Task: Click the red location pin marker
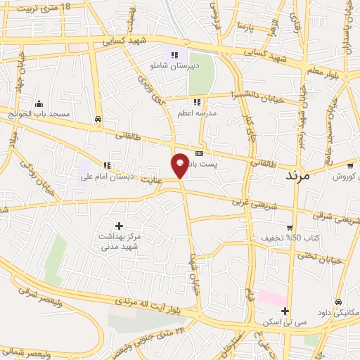pyautogui.click(x=180, y=165)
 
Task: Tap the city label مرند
pyautogui.click(x=297, y=175)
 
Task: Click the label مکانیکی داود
pyautogui.click(x=340, y=312)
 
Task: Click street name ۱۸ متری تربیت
pyautogui.click(x=39, y=8)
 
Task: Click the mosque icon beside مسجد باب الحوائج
pyautogui.click(x=39, y=103)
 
